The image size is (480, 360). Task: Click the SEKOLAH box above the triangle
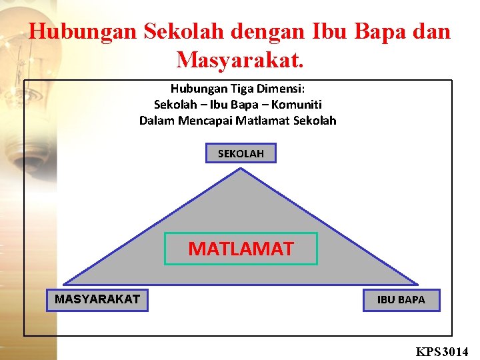coord(241,153)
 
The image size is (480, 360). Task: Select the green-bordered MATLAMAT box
coord(241,249)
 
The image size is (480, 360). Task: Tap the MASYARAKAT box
coord(97,299)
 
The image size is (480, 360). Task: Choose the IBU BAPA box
coord(401,300)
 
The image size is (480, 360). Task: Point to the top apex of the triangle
coord(241,168)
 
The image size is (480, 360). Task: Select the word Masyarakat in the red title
coord(240,60)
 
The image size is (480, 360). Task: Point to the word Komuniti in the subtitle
coord(298,105)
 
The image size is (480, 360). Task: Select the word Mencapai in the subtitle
coord(209,121)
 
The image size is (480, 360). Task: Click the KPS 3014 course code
coord(442,351)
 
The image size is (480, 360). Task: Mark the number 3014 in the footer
coord(456,351)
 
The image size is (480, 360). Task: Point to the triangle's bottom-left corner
coord(63,285)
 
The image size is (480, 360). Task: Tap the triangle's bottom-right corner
coord(418,285)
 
